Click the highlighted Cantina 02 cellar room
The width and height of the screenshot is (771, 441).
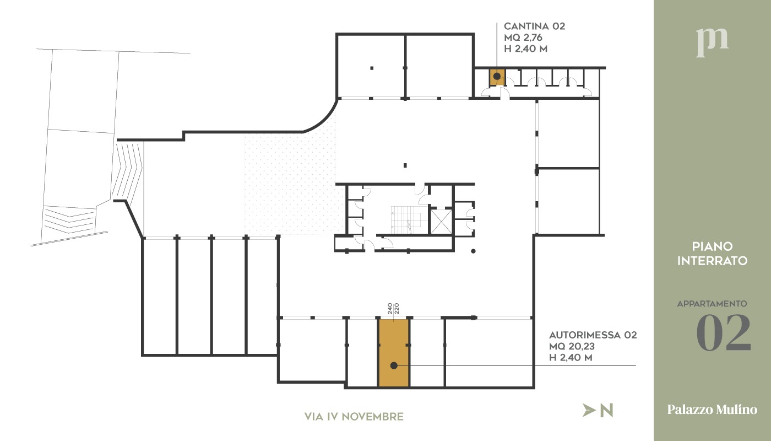coord(497,77)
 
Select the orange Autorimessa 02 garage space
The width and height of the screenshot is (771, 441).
coord(394,353)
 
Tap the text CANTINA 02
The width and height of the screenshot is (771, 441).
coord(534,26)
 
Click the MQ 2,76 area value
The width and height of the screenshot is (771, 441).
coord(523,37)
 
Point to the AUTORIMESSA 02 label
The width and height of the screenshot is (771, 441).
coord(593,335)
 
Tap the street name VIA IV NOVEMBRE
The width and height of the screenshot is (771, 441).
coord(354,417)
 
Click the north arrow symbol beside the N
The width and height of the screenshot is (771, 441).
coord(589,410)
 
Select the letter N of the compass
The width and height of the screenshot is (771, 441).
coord(606,410)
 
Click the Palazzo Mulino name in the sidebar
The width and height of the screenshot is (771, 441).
coord(712,409)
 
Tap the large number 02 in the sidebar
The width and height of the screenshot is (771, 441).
coord(724,332)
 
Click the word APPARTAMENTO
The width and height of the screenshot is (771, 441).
coord(712,304)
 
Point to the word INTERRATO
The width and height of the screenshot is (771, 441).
coord(712,261)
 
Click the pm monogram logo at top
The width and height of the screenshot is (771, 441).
coord(712,42)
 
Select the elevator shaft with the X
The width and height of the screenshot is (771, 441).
coord(441,221)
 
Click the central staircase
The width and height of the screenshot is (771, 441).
coord(406,219)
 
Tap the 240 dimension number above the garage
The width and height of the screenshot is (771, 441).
coord(390,308)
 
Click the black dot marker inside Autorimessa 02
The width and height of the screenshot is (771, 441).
coord(394,365)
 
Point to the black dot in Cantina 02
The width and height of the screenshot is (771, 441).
coord(497,76)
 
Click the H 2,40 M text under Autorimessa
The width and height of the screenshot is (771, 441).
coord(571,357)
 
